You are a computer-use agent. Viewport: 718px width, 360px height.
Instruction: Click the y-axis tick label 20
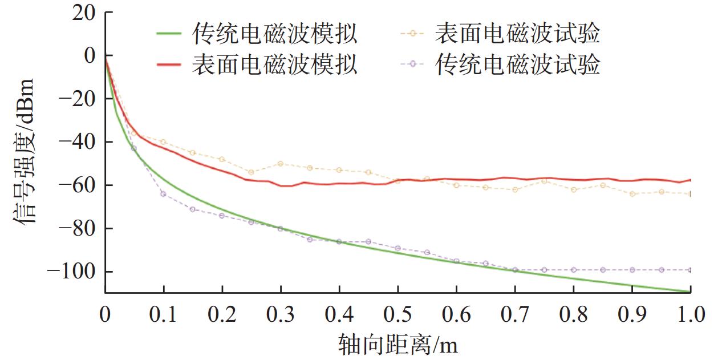click(85, 13)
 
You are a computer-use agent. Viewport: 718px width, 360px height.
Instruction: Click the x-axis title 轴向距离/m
click(399, 345)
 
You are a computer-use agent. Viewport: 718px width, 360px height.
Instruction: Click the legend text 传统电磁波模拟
click(275, 35)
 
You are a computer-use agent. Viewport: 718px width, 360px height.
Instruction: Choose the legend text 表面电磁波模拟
click(275, 64)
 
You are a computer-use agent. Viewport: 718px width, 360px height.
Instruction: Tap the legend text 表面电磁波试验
click(517, 34)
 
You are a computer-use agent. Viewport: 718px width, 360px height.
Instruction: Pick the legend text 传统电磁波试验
click(517, 64)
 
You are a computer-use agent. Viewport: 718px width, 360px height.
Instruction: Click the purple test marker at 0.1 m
click(164, 194)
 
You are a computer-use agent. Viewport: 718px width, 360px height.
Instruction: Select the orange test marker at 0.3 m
click(281, 164)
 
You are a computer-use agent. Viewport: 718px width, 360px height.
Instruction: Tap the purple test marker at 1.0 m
click(691, 270)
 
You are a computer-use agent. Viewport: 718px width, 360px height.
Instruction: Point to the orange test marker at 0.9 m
click(632, 194)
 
